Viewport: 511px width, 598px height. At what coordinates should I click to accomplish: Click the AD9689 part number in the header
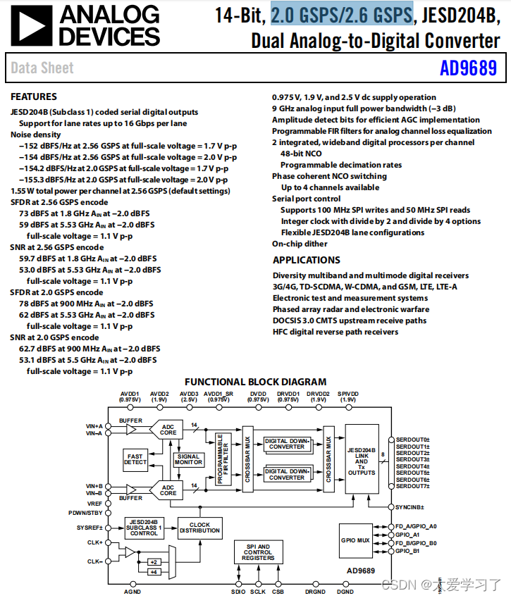tap(468, 68)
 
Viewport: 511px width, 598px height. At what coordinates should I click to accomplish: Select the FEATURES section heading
tap(34, 96)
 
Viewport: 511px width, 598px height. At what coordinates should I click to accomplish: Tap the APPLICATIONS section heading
tap(307, 260)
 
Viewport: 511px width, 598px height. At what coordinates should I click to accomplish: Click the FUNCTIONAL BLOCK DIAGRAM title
tap(256, 382)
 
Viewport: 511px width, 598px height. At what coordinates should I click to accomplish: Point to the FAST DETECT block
tap(135, 459)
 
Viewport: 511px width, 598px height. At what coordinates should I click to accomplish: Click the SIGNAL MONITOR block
tap(187, 459)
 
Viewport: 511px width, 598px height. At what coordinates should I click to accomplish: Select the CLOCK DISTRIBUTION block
tap(199, 527)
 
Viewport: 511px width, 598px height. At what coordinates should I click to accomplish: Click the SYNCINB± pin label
tap(410, 506)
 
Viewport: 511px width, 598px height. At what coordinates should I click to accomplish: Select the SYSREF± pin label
tap(90, 527)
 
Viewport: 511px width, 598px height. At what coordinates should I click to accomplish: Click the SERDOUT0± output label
tap(412, 439)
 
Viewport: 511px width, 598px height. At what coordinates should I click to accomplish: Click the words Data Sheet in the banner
tap(42, 68)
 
